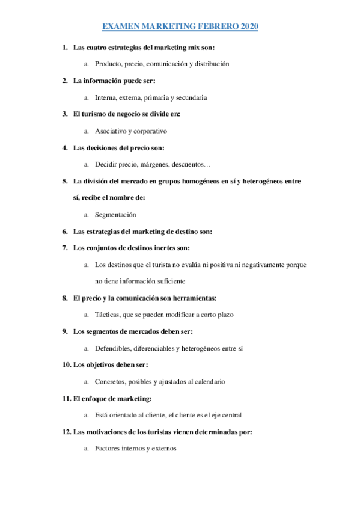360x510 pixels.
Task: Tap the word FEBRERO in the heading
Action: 218,27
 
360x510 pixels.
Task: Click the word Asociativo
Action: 111,131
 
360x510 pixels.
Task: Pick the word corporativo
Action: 149,131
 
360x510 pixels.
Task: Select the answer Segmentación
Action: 115,214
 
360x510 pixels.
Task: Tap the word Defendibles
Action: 113,348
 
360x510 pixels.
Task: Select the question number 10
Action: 66,364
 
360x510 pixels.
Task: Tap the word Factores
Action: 107,448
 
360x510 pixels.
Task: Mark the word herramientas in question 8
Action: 192,298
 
